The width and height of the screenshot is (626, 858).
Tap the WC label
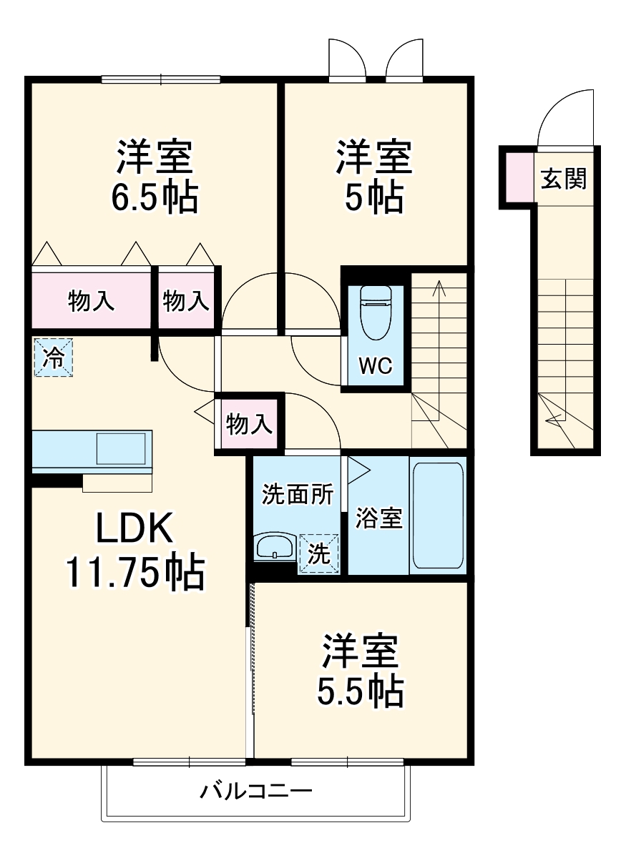[x=375, y=366]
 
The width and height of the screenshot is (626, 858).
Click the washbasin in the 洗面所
[x=275, y=547]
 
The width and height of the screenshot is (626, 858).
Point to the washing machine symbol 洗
[x=319, y=553]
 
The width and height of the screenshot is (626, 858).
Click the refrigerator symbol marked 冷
[x=53, y=357]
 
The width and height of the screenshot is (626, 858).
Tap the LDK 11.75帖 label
[x=135, y=551]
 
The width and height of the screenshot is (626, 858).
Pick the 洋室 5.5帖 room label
[x=361, y=670]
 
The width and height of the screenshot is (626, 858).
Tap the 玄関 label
[x=563, y=179]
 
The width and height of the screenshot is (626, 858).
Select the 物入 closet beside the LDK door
[x=249, y=424]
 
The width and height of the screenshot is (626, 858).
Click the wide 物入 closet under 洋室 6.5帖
[x=92, y=301]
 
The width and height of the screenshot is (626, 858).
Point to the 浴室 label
[x=379, y=518]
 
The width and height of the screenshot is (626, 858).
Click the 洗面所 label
[x=297, y=494]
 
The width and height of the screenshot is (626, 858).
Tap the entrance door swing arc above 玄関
[x=565, y=118]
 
